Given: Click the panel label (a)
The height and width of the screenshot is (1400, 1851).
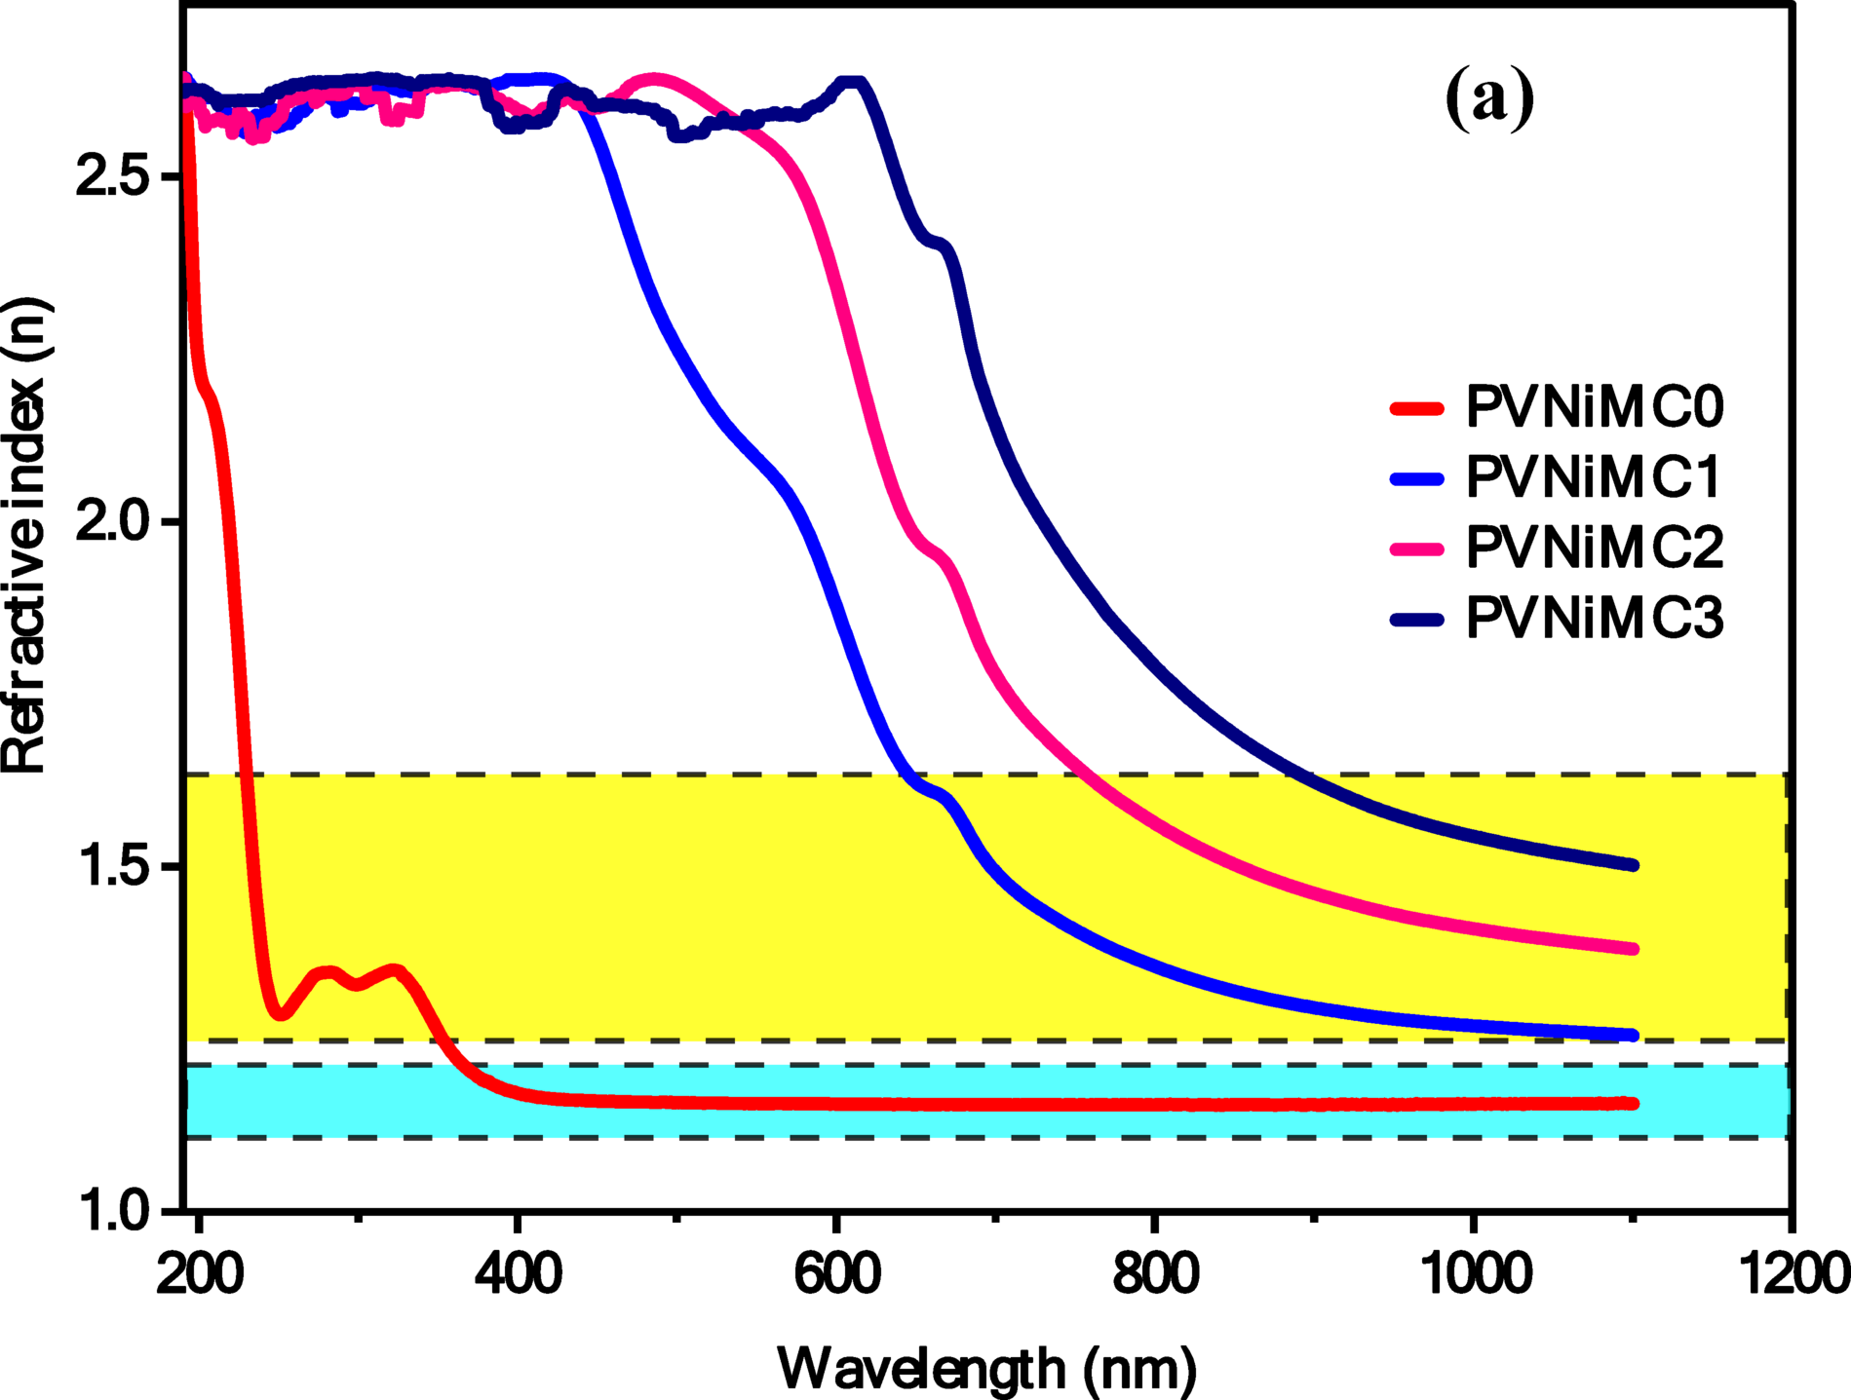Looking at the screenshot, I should [1489, 99].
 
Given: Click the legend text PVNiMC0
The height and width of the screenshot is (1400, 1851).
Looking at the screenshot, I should [1595, 407].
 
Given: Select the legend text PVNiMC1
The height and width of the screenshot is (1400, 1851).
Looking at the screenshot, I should [1595, 477].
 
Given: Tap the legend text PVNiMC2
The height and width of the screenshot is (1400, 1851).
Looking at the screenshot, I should [1595, 548].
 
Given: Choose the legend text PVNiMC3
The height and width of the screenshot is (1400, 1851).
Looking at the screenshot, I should [1595, 618].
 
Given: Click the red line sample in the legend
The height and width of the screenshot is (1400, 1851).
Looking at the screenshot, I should [1415, 408].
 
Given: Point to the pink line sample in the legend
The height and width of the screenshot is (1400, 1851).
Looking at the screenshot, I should [1415, 549].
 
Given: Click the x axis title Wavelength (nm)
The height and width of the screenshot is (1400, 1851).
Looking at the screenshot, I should [986, 1369].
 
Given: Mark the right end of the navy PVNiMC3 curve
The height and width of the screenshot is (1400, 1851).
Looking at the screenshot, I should [1634, 865].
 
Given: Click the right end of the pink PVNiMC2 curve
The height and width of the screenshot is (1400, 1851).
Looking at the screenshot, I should [1634, 948].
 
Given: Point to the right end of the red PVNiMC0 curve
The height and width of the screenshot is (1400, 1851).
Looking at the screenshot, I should [1634, 1103].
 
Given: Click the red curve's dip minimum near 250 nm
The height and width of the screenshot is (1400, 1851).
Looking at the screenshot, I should [280, 1014].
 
